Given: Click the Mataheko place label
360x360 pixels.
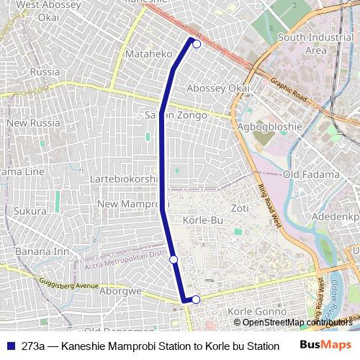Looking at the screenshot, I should (x=149, y=54).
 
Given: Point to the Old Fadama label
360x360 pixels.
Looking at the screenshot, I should (x=310, y=174).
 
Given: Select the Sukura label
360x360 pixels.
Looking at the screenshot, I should (x=30, y=212).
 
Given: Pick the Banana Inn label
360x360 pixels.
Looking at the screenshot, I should (x=42, y=251).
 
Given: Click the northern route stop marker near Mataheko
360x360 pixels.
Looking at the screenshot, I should (x=197, y=43).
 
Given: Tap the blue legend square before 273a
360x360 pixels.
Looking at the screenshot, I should (x=10, y=346).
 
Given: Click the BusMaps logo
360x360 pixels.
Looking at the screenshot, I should (x=325, y=345).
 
